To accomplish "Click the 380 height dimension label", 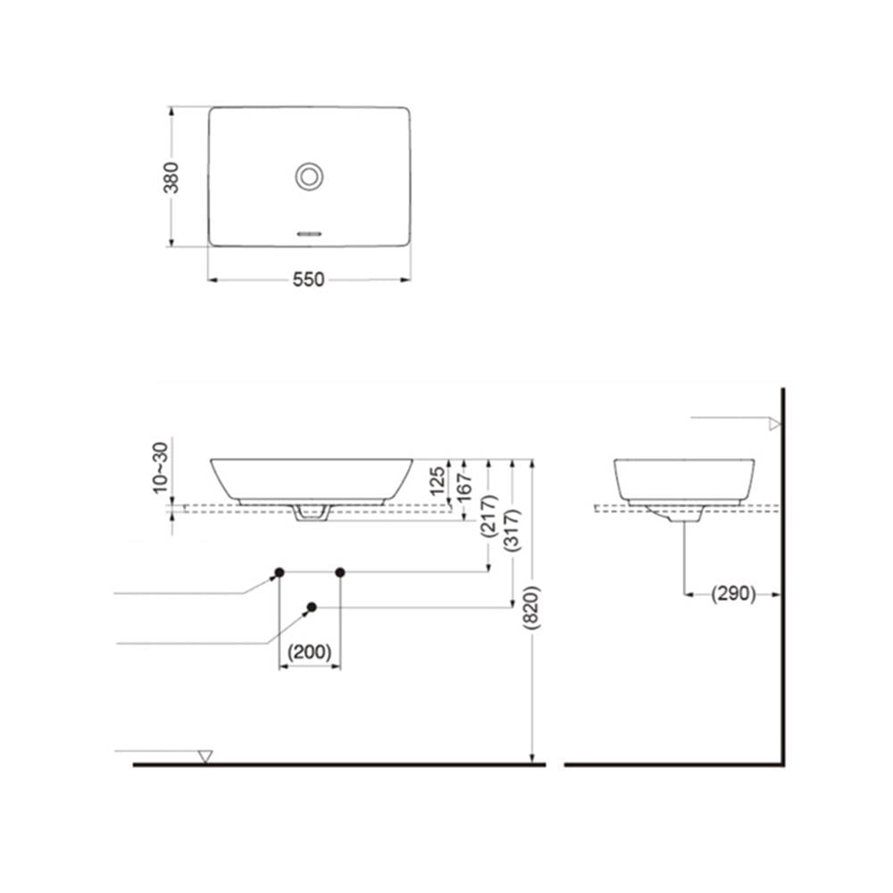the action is coord(171,177).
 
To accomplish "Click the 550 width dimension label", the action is coord(308,280).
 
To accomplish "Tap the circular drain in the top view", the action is coord(309,177).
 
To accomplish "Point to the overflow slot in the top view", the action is coord(310,233).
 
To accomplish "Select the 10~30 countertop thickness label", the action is coord(161,467).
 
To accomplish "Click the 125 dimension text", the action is coord(438,480).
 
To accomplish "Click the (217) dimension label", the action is coord(488,516).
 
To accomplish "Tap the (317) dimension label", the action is coord(512,530).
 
